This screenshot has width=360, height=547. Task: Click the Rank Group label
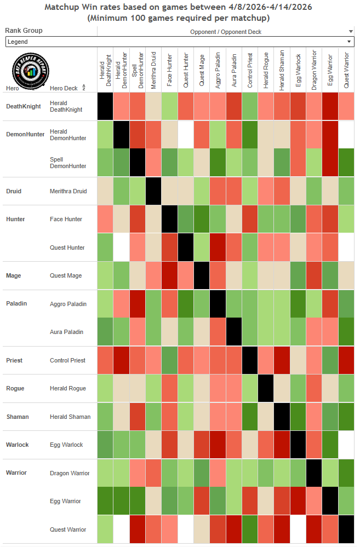[24, 31]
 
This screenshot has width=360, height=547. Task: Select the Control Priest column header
[250, 71]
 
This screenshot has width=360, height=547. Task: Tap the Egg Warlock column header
[298, 71]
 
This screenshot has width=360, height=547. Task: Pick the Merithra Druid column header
[154, 71]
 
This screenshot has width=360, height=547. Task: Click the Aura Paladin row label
[66, 332]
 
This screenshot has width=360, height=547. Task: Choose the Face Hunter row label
[66, 219]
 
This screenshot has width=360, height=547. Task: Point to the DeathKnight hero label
[23, 106]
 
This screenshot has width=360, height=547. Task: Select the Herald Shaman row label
[70, 417]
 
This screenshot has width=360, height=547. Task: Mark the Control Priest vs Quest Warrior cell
[346, 360]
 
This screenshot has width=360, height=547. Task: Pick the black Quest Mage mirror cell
[202, 275]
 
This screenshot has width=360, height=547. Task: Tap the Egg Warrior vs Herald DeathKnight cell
[106, 501]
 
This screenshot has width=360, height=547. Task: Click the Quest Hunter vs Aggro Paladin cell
[218, 247]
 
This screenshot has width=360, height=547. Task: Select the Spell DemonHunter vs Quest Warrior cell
[346, 163]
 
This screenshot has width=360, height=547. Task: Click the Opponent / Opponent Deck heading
[225, 32]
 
